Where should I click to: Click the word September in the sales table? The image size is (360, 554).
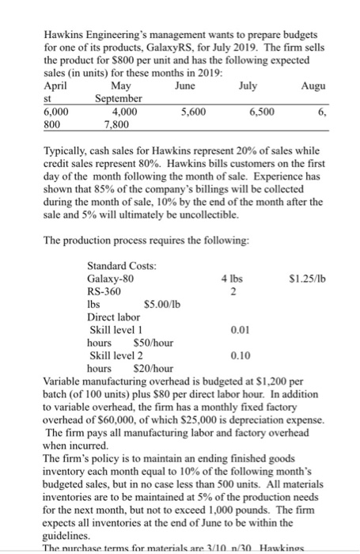click(119, 98)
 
